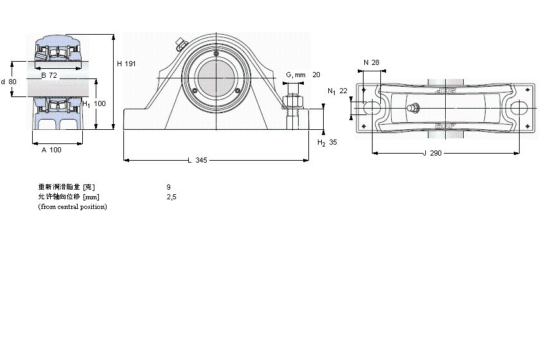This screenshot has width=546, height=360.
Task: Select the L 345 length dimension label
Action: click(x=197, y=160)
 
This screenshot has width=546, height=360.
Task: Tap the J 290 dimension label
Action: click(x=434, y=154)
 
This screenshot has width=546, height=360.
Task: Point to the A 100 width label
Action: click(x=51, y=150)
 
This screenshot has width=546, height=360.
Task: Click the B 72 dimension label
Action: click(x=49, y=76)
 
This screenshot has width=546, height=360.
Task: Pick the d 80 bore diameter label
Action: click(x=9, y=82)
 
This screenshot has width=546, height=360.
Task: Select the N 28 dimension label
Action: click(x=371, y=62)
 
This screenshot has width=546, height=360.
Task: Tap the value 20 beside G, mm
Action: click(x=316, y=75)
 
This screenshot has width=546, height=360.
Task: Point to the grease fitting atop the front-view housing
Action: click(x=180, y=44)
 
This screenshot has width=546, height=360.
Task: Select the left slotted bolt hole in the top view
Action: click(x=371, y=109)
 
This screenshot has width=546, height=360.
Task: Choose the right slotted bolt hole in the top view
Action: click(x=520, y=109)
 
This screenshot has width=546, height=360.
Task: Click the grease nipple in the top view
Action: click(x=414, y=108)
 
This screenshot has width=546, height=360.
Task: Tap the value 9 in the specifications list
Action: click(x=168, y=187)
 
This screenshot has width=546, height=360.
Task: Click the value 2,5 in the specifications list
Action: click(x=171, y=197)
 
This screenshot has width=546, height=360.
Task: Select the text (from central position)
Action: click(x=73, y=206)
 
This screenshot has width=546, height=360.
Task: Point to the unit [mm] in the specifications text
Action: click(x=91, y=197)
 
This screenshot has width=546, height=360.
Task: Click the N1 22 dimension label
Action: click(x=337, y=91)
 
